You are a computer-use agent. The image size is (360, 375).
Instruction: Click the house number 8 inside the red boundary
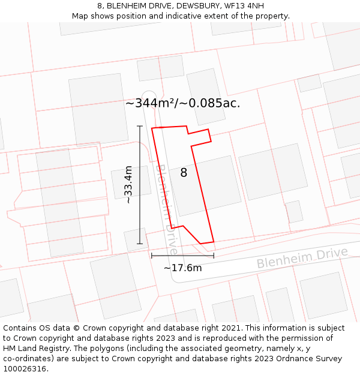184,173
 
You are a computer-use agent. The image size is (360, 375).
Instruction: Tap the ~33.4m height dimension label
128,185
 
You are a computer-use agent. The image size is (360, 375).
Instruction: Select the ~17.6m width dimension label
182,268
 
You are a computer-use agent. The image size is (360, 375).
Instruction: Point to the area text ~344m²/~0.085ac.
182,103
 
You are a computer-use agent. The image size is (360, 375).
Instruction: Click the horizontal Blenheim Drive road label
302,258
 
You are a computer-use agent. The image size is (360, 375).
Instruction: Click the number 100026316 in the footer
25,369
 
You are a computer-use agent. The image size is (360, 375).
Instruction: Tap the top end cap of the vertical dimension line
140,126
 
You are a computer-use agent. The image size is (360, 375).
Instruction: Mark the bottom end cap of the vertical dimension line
140,244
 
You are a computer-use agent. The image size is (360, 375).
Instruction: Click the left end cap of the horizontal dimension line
151,256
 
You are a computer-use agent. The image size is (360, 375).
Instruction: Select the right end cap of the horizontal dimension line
214,256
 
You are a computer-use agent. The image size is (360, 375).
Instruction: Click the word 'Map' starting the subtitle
80,16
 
